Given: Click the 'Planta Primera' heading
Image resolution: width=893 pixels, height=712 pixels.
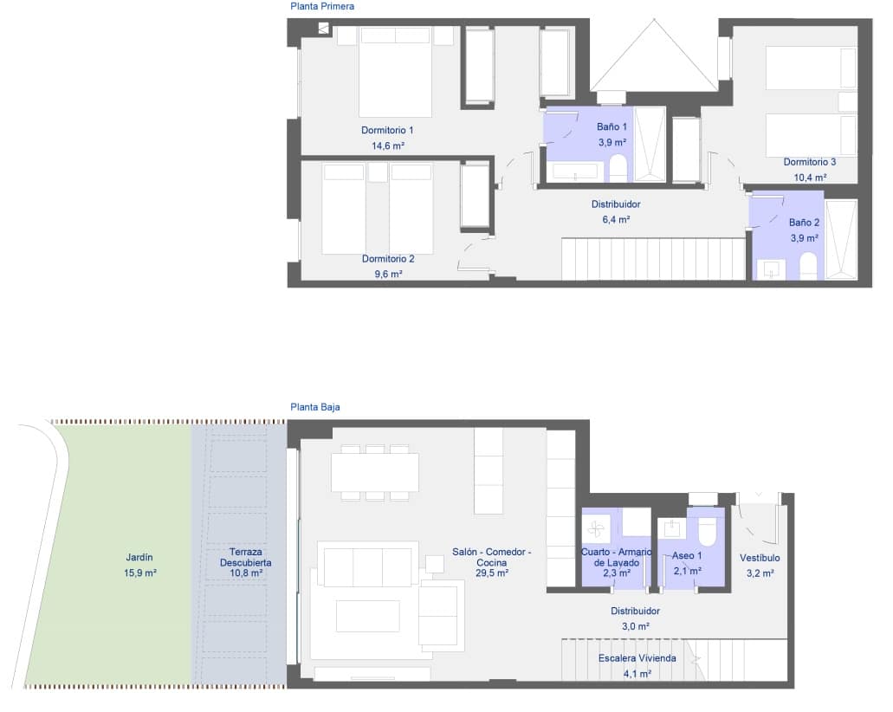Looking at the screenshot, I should [x=323, y=7].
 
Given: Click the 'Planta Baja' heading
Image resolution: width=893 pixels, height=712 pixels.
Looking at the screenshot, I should [x=316, y=406].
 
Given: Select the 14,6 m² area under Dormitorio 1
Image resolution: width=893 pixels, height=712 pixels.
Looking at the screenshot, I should [x=388, y=146].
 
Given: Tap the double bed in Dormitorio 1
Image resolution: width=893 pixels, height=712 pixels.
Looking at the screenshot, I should [x=395, y=73].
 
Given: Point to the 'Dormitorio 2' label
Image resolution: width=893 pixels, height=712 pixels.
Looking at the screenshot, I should [x=388, y=259].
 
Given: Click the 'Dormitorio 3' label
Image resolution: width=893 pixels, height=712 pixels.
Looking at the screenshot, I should [x=809, y=162].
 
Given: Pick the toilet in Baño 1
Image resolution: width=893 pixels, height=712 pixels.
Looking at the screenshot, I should [x=618, y=168].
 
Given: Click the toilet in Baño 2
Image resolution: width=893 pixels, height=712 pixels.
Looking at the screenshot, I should [x=808, y=266].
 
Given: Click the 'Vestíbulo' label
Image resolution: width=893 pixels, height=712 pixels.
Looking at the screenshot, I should [x=760, y=559].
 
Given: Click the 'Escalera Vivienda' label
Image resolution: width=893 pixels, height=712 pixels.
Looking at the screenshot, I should [x=637, y=658].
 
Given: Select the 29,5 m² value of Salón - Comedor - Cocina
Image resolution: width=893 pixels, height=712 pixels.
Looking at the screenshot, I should [x=491, y=573].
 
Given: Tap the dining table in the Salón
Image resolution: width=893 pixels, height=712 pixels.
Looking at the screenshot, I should [x=374, y=472].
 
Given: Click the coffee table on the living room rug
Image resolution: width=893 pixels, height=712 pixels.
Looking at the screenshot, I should [x=368, y=616].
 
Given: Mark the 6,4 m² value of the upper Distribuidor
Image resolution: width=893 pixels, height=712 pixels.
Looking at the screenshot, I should [x=616, y=220].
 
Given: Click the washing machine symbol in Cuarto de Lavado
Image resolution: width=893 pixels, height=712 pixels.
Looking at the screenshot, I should [x=596, y=528].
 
